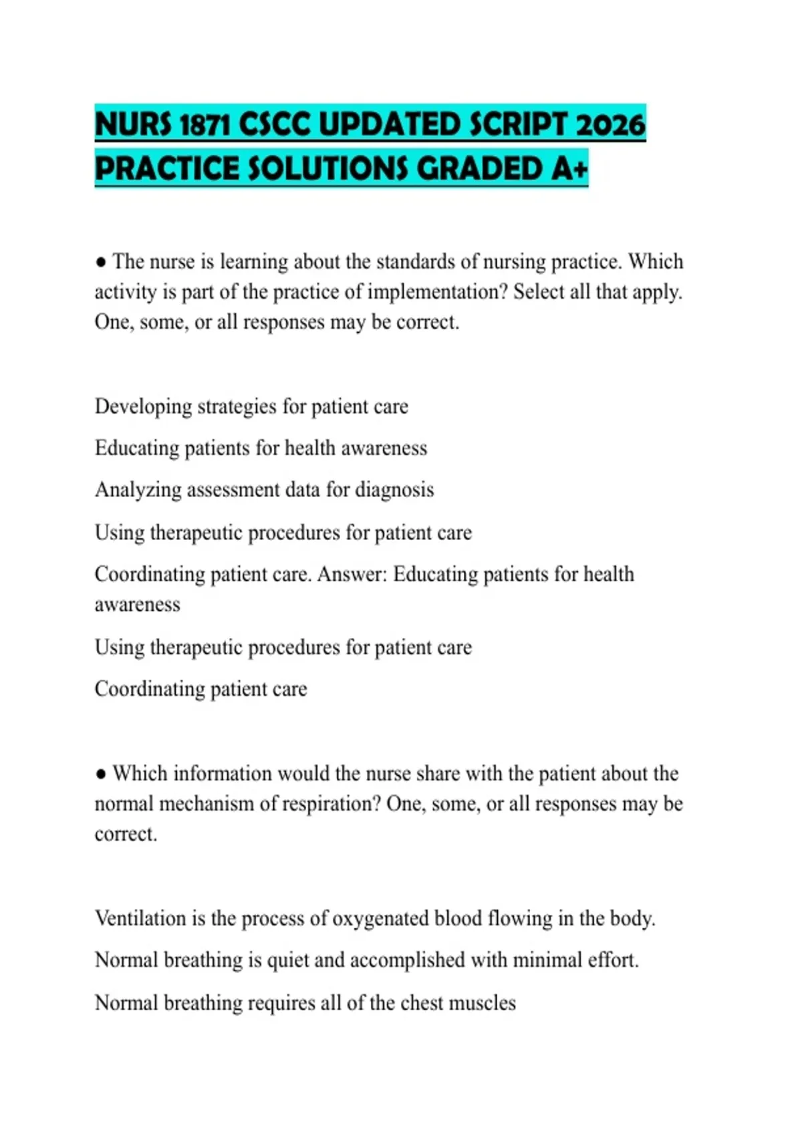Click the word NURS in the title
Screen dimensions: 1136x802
click(133, 125)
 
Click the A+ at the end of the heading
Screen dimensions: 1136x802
click(569, 168)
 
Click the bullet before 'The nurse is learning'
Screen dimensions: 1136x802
click(101, 262)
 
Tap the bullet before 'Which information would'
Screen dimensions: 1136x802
click(101, 774)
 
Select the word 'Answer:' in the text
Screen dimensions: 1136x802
click(352, 574)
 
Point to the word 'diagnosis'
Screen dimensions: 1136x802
click(394, 490)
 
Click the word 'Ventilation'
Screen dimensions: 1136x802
click(140, 918)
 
